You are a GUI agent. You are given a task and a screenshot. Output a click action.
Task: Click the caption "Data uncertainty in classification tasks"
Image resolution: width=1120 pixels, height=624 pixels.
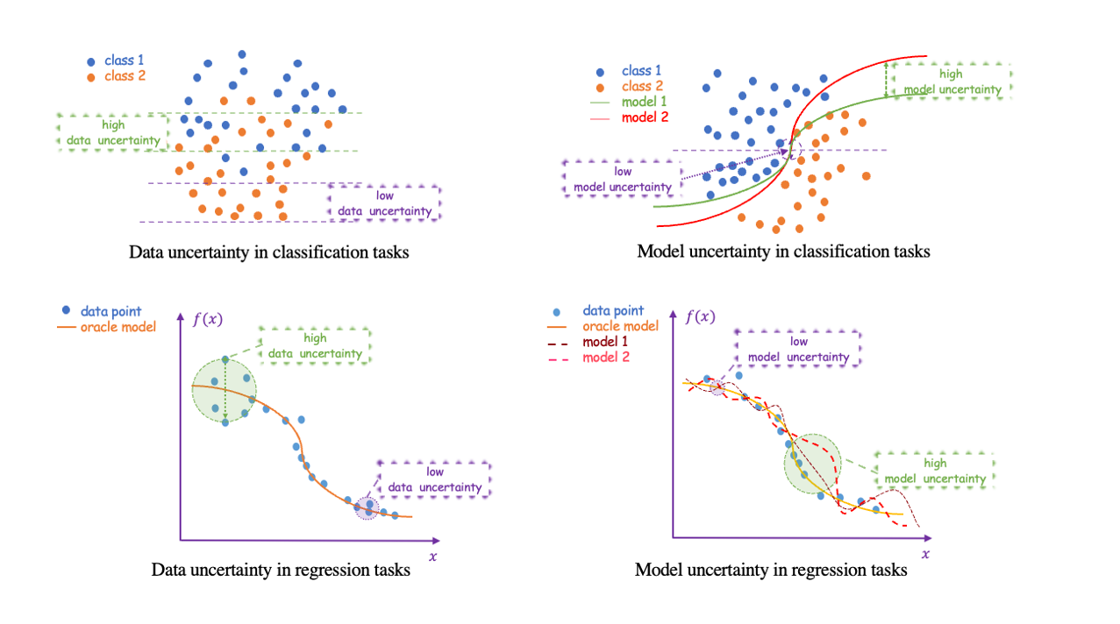pos(269,252)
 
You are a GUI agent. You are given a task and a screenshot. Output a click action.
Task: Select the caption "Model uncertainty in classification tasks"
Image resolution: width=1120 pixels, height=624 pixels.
pos(783,252)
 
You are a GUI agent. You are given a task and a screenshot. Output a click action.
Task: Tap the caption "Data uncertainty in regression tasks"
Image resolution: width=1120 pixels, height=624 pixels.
pos(281,570)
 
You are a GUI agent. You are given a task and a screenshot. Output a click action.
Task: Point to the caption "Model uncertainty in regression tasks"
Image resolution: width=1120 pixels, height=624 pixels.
pos(771,570)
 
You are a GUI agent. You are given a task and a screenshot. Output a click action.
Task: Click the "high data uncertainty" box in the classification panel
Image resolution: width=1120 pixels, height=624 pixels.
pos(112,132)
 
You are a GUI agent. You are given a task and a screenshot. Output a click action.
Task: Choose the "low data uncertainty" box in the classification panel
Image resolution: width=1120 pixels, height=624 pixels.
pos(384,203)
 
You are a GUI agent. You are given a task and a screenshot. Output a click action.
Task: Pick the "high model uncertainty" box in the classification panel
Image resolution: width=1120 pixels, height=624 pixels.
pos(950,82)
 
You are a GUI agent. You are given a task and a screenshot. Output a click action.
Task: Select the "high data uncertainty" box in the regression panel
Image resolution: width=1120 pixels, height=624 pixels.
pos(315,346)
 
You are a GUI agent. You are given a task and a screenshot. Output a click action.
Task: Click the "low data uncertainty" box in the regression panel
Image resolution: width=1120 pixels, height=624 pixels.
pos(434,479)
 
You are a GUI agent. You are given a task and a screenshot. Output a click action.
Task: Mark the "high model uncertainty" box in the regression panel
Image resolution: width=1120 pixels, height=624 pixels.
pos(935,471)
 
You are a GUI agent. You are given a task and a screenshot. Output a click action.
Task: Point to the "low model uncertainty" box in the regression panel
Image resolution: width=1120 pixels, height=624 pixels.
pos(798,349)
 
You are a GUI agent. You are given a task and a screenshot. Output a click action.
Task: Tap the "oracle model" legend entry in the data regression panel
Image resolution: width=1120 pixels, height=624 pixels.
pos(108,327)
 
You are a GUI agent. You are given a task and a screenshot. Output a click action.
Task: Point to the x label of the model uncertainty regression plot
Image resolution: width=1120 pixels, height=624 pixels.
pos(925,554)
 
